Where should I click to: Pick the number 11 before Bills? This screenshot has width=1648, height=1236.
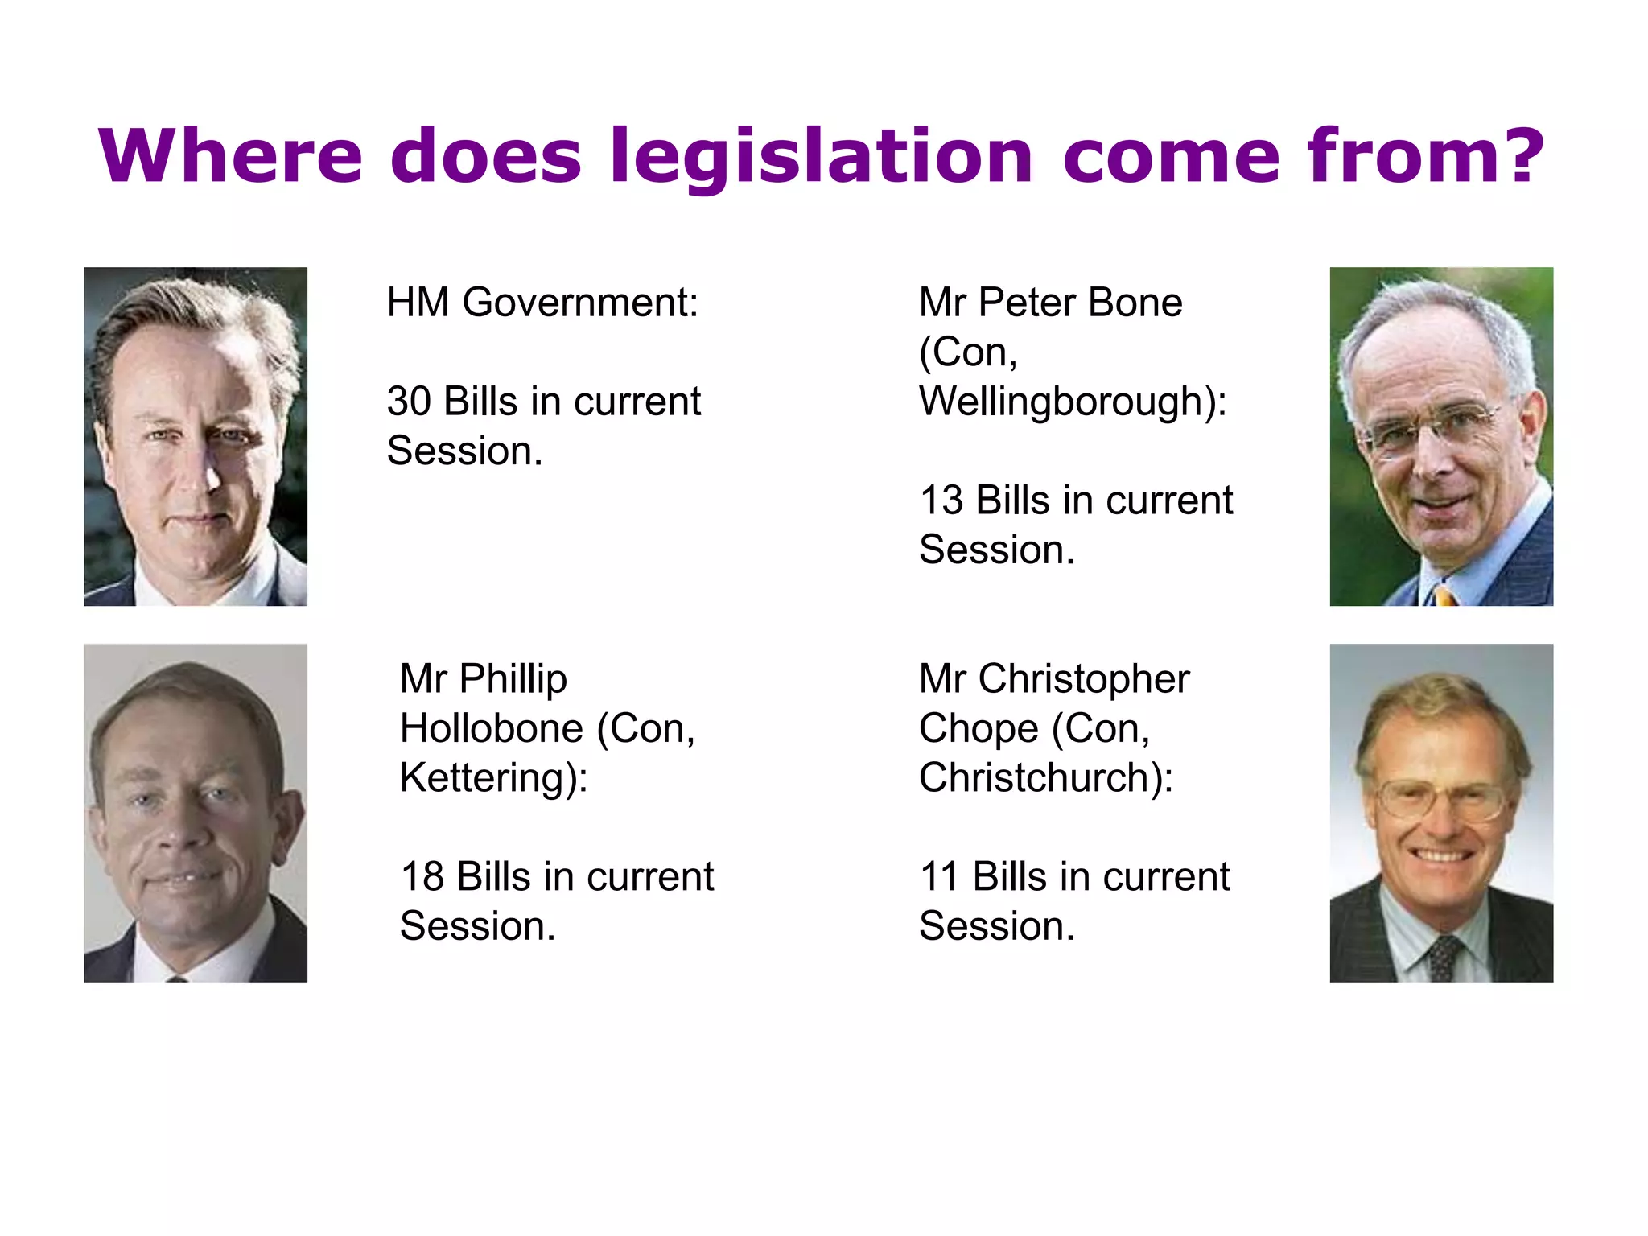939,876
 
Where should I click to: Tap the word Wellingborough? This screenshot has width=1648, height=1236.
1065,402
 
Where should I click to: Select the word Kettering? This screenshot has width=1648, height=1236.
488,778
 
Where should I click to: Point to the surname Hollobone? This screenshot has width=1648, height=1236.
491,729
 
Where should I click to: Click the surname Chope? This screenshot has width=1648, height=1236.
978,729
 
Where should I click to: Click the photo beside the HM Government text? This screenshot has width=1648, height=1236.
196,436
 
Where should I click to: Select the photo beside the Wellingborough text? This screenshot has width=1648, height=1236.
1440,436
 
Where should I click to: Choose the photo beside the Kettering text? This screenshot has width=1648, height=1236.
196,813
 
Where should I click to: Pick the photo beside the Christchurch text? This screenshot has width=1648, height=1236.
1440,813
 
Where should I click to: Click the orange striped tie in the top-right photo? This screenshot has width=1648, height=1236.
1444,596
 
